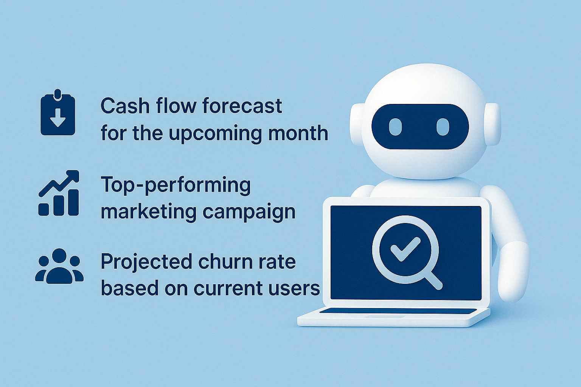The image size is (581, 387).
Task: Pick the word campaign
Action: pos(249,212)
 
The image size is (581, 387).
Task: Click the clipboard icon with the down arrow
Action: pos(58,112)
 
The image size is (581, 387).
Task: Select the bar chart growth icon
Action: pos(59,193)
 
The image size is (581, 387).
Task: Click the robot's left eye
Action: pos(395,127)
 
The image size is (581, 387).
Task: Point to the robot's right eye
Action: pos(443,127)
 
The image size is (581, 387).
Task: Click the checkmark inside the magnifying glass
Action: pos(405,249)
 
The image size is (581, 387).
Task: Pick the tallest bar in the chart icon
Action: pos(73,203)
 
